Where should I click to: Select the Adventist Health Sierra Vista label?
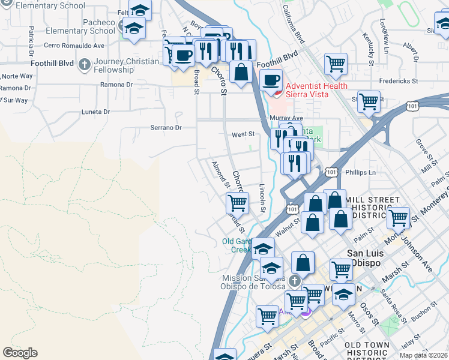[313, 91]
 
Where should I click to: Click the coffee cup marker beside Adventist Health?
[271, 80]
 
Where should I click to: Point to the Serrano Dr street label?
[166, 128]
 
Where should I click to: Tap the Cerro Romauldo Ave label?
[74, 45]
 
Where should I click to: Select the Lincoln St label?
[262, 198]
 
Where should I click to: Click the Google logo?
[20, 353]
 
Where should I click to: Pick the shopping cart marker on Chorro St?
[238, 204]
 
